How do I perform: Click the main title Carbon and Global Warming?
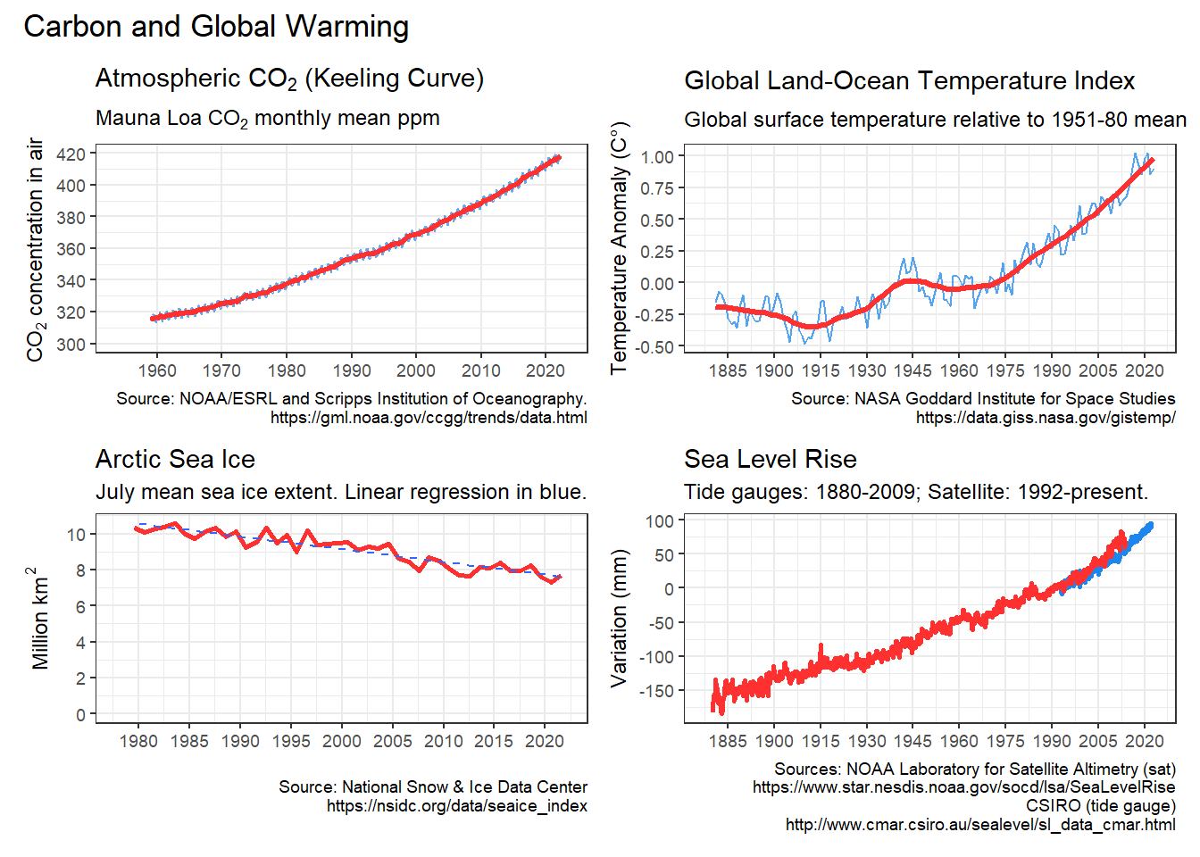click(x=216, y=27)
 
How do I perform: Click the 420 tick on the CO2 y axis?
click(x=71, y=154)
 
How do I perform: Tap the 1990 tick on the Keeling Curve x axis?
click(x=352, y=370)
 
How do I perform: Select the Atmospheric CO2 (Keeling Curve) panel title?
click(x=289, y=79)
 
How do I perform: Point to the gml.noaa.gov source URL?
click(x=429, y=417)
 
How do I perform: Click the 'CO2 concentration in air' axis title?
click(x=36, y=250)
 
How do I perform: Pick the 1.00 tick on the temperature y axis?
click(x=657, y=156)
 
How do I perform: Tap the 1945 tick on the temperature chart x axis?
click(x=912, y=370)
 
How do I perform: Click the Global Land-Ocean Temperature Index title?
click(x=909, y=81)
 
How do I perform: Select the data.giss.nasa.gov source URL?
click(x=1045, y=417)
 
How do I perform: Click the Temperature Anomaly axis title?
click(x=619, y=247)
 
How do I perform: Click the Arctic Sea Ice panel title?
click(x=175, y=459)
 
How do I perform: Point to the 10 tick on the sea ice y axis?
click(x=76, y=534)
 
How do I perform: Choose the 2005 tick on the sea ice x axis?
click(x=393, y=741)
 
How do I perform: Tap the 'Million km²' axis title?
click(x=39, y=618)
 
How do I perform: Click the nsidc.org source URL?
click(x=456, y=805)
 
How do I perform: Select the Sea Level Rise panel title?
click(x=770, y=459)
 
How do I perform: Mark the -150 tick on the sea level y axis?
click(x=659, y=690)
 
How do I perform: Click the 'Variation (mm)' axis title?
click(x=619, y=618)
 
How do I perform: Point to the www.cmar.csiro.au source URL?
click(x=979, y=824)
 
